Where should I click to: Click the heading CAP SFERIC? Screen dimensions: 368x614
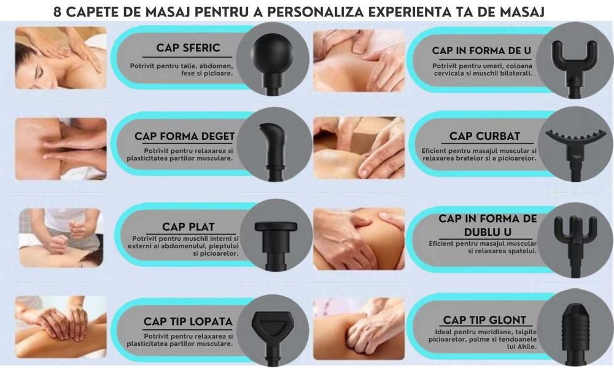coord(188,48)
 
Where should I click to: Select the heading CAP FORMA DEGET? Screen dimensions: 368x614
coord(184,136)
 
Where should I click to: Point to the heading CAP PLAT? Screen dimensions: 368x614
coord(188,227)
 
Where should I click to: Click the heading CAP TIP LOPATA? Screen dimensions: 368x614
coord(188,321)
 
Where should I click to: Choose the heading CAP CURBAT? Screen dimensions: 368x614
coord(484,136)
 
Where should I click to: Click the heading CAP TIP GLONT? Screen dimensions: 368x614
coord(484,320)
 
